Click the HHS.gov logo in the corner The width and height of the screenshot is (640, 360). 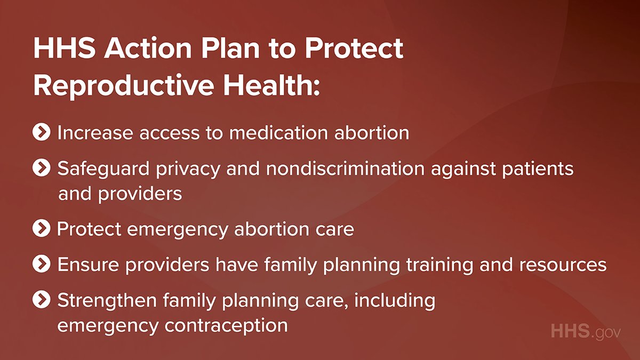coord(586,332)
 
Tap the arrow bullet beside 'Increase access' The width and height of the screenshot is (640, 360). coord(42,132)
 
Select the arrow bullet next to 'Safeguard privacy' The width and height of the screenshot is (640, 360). coord(42,167)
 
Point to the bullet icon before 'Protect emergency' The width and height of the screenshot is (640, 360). coord(42,228)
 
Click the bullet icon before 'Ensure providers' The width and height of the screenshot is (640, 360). coord(42,263)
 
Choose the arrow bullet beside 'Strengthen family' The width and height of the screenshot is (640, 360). coord(42,299)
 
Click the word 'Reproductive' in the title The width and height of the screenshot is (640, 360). coord(124,86)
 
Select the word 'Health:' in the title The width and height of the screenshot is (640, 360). coord(271,85)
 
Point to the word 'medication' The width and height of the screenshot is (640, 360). coord(278,133)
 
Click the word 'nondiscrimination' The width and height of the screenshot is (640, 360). coord(345,169)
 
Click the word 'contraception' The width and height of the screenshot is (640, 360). coord(226,326)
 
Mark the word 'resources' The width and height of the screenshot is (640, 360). coord(563,265)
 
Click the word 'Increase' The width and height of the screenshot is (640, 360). coord(95,133)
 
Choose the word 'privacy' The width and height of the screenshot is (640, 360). coord(188,170)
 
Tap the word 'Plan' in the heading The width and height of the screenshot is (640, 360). coord(230,48)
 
